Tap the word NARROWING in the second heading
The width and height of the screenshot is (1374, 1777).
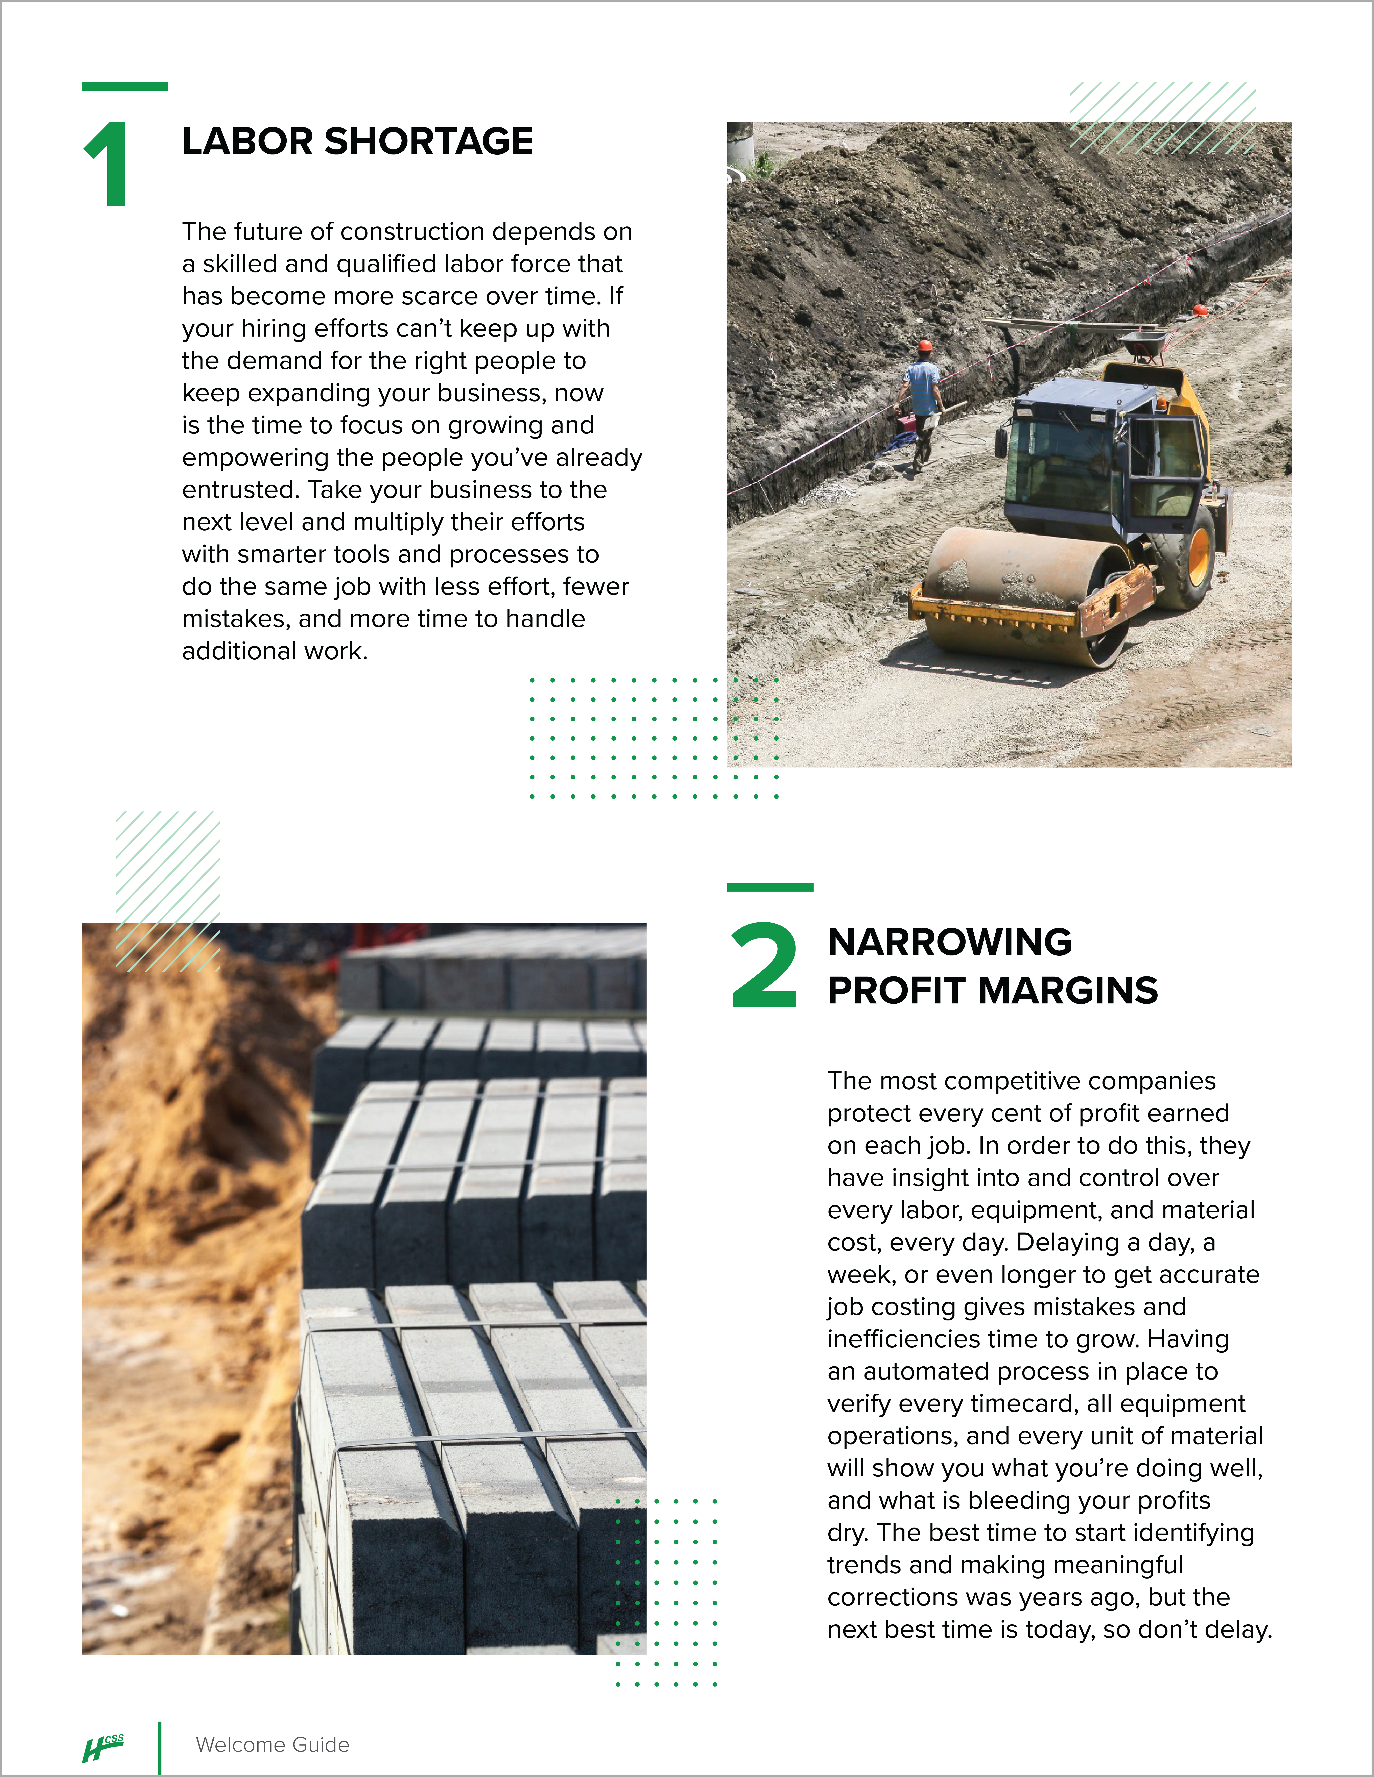949,942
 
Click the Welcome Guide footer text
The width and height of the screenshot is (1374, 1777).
272,1745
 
